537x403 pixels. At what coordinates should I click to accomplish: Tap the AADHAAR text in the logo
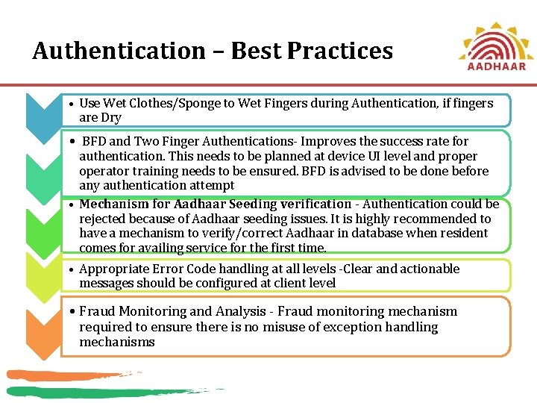496,66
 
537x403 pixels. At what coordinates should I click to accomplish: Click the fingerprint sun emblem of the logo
496,39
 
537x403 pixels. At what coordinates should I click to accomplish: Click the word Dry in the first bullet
110,118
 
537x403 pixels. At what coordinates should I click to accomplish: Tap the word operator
102,171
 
